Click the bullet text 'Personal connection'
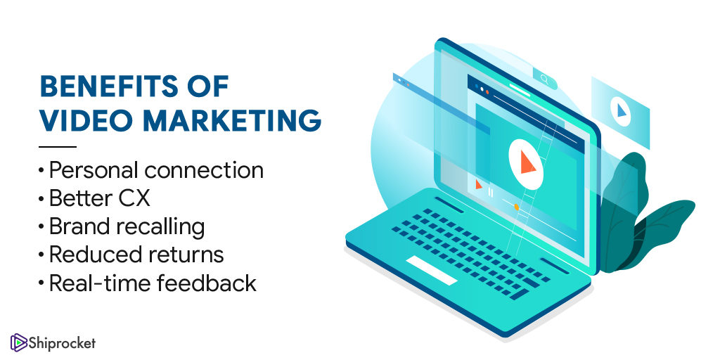click(156, 170)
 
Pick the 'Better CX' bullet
click(100, 198)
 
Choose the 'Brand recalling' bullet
click(127, 227)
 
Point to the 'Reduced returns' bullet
click(136, 255)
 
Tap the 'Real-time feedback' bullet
click(153, 283)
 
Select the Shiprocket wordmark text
click(63, 343)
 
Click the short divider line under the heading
click(58, 147)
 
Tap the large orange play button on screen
click(527, 162)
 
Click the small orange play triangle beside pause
click(478, 184)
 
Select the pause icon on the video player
click(490, 193)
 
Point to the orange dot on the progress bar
click(517, 207)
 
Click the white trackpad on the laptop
click(432, 271)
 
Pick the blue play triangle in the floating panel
click(622, 110)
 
